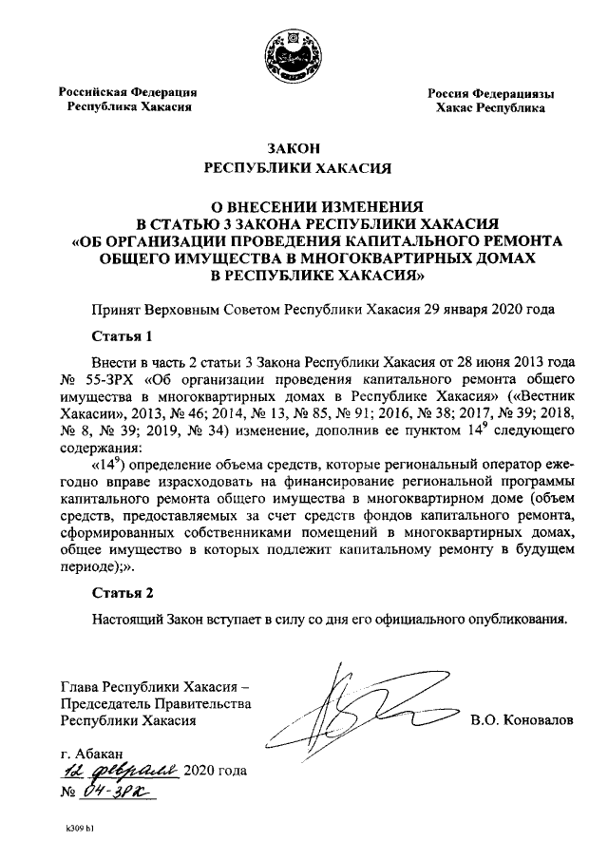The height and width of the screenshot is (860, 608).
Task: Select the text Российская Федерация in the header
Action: (x=127, y=92)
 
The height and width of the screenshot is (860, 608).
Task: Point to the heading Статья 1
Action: (x=123, y=336)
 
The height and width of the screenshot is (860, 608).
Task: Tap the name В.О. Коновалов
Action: (x=522, y=719)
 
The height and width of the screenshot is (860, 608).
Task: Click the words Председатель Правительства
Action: (x=155, y=702)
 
